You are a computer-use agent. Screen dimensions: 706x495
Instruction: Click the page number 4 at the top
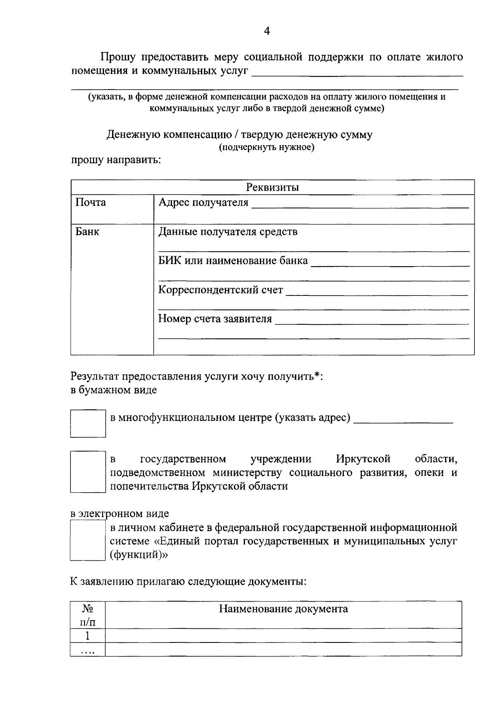point(267,31)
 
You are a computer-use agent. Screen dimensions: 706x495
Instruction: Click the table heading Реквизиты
point(272,187)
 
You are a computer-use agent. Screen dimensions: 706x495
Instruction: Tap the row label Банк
point(87,232)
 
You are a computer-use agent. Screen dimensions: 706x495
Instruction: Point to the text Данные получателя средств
point(228,232)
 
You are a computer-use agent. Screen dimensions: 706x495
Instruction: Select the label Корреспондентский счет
point(221,290)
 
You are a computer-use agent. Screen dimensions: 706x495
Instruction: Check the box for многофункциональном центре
point(87,423)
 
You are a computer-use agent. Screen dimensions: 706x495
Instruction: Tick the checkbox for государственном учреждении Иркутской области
point(87,472)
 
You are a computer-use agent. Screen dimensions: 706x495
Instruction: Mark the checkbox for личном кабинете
point(87,540)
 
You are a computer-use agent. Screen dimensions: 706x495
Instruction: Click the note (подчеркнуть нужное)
point(266,147)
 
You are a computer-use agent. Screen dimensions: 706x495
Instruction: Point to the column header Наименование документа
point(283,609)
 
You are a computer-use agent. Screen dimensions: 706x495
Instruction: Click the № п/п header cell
point(87,614)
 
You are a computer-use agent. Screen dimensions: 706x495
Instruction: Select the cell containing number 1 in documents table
point(87,635)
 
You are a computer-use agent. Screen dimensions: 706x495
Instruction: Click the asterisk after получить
point(316,375)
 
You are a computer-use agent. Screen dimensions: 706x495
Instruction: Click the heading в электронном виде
point(120,514)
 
